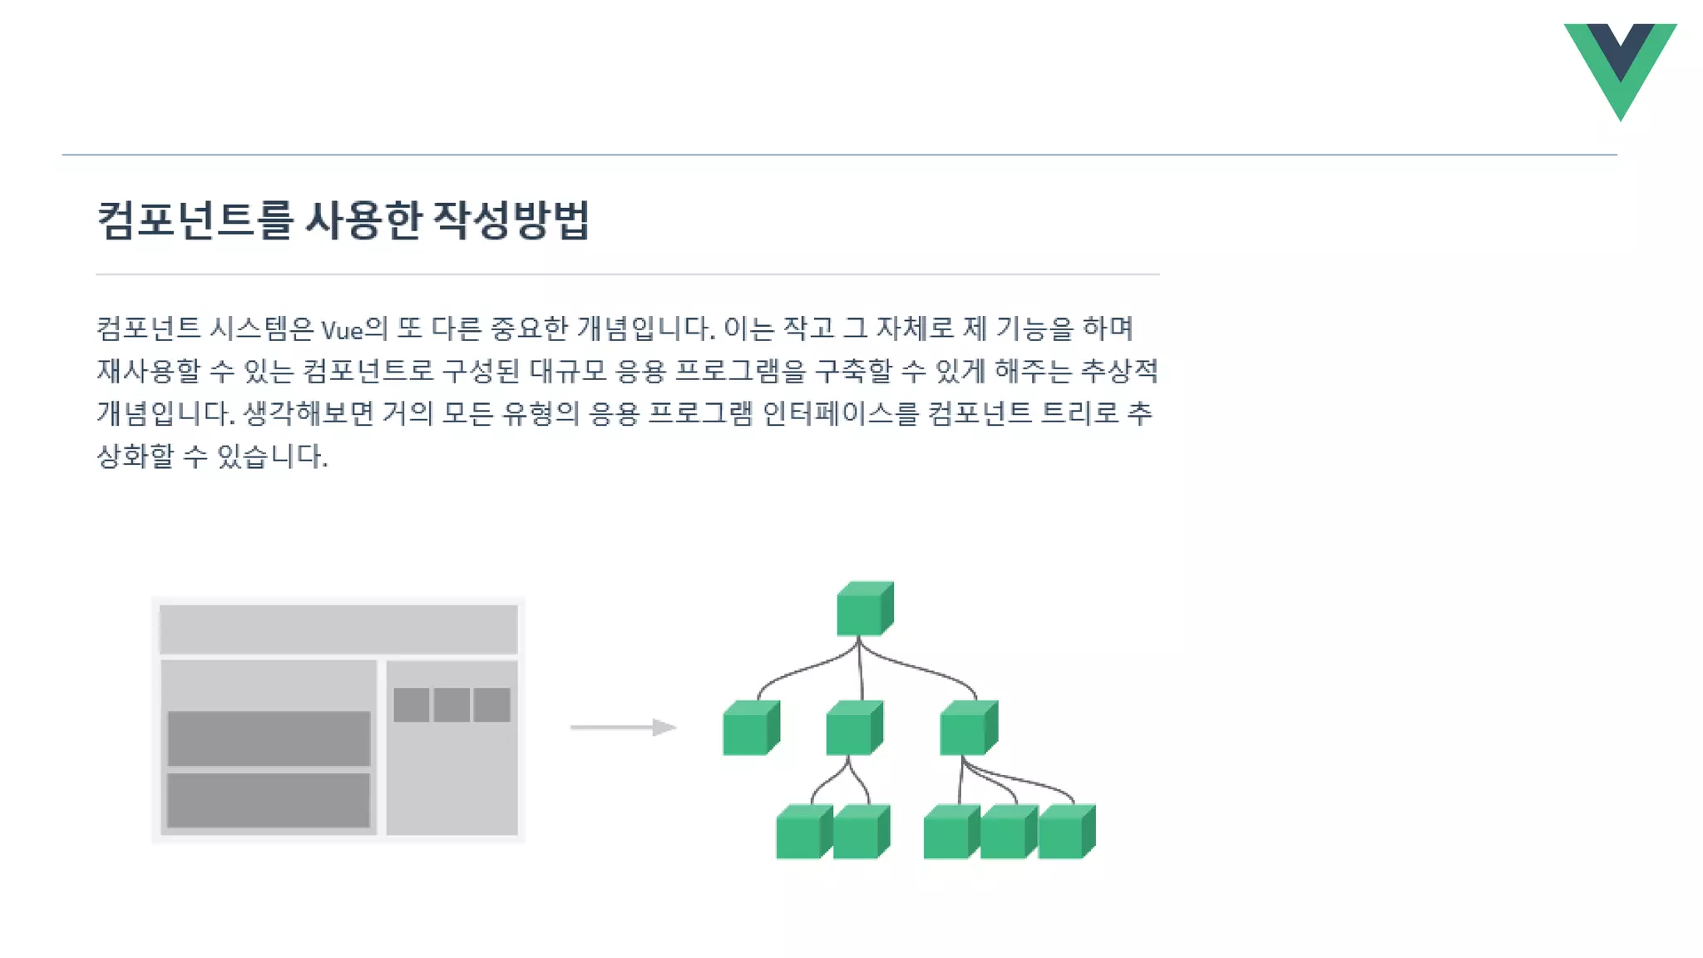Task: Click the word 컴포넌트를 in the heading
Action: (195, 220)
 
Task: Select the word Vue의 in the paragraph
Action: (354, 329)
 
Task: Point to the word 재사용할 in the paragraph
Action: (149, 371)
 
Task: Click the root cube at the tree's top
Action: (864, 609)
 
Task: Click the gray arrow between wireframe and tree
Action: (623, 728)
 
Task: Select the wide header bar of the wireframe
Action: (338, 629)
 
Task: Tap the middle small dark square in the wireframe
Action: (452, 705)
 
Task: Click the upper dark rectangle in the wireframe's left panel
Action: (269, 738)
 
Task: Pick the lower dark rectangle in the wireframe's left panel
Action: (269, 800)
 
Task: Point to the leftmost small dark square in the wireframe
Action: (412, 705)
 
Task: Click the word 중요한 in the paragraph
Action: (529, 329)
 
